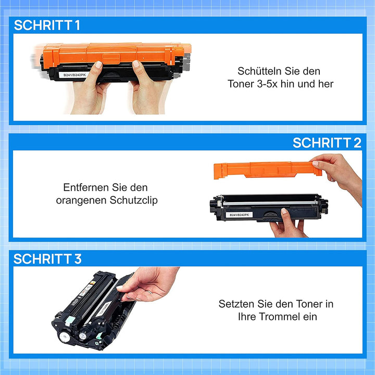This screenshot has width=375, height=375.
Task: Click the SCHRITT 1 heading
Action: point(47,25)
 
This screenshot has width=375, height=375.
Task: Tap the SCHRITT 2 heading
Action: point(327,143)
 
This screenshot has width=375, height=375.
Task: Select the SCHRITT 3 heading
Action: point(47,259)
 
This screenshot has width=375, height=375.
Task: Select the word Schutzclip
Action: point(134,200)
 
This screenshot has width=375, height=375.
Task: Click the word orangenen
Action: point(82,201)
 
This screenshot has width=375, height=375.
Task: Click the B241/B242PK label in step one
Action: point(74,75)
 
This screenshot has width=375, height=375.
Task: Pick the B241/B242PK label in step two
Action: point(239,215)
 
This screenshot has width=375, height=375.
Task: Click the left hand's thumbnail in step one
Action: point(98,65)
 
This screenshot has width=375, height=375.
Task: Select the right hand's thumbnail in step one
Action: point(135,64)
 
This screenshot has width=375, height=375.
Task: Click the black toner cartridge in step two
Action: point(269,208)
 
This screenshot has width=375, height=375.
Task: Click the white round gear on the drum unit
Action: point(65,337)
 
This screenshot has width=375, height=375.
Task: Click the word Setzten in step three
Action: point(236,304)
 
